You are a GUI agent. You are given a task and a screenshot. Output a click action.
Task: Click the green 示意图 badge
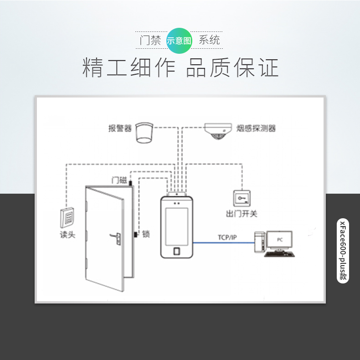click(180, 40)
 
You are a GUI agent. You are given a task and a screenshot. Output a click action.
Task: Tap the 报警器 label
click(120, 128)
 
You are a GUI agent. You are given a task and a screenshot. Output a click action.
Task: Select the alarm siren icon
click(145, 133)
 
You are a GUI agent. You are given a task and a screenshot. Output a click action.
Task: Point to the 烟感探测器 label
click(257, 128)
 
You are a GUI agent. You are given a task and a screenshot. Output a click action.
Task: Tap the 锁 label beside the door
click(146, 234)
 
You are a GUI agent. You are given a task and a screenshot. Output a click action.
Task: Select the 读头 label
click(67, 235)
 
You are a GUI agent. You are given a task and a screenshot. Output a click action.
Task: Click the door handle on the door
click(114, 237)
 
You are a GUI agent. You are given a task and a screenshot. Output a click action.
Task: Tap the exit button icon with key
click(242, 198)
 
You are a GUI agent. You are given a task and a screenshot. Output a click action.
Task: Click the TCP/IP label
click(226, 237)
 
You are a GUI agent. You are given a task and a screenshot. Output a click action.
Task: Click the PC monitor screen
click(279, 239)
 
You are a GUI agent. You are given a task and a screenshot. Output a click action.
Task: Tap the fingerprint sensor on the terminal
click(177, 251)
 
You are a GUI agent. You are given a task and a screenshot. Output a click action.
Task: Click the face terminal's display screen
click(177, 225)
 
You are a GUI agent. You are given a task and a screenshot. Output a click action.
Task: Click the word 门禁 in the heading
click(150, 40)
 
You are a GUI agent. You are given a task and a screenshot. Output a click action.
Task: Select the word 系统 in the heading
click(210, 40)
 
